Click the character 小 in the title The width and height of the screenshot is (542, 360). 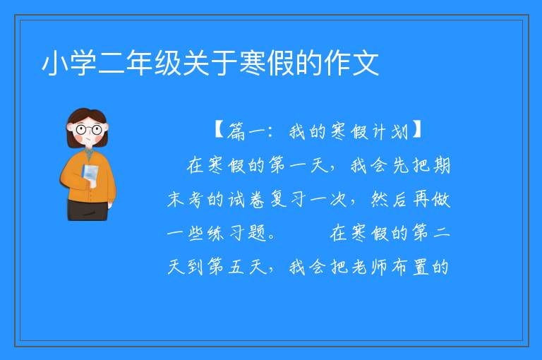coord(55,64)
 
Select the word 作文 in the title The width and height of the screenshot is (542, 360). coord(351,64)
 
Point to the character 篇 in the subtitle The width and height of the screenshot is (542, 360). coord(236,131)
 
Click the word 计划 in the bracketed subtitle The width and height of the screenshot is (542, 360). coord(390,131)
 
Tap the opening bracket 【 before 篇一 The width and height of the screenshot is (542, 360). coord(219,131)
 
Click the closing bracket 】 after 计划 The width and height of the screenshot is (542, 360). coord(417,131)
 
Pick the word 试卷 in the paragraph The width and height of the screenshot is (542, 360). coord(246,200)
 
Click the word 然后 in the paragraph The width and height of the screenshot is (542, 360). coord(390,200)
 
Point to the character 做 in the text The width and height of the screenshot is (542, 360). coord(440,200)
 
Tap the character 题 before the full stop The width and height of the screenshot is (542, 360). coord(257,233)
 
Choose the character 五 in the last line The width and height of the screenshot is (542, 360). coord(236,267)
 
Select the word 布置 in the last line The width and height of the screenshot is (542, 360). coord(410,267)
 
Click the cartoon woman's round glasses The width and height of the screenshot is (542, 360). coord(89,130)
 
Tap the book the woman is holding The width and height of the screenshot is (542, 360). coord(90,174)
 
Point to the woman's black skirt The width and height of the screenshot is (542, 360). coord(88,210)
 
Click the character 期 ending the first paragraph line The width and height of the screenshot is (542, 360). coord(441,165)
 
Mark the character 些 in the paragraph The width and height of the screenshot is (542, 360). coord(195,233)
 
